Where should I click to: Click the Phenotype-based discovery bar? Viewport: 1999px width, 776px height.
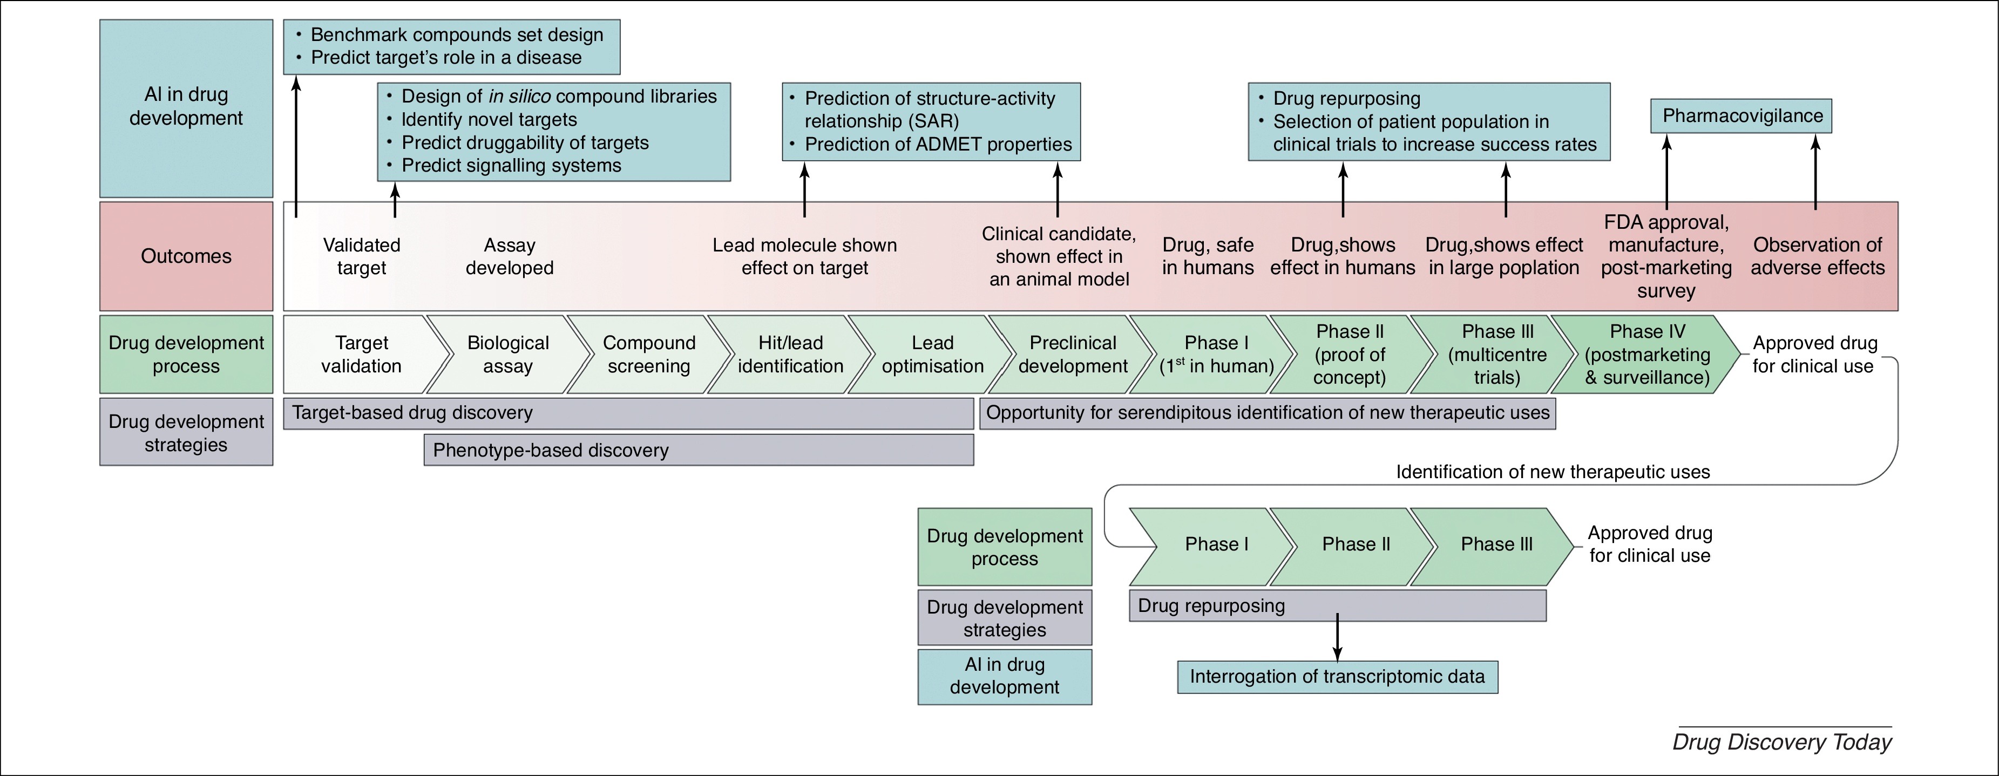[699, 450]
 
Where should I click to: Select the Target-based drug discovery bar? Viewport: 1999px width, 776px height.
[628, 413]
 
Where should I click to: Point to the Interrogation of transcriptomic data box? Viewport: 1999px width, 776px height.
[1338, 677]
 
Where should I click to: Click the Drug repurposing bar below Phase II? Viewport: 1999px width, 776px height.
[1338, 606]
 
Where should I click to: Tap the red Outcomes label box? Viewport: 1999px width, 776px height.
[186, 256]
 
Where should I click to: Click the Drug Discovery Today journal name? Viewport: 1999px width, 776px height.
[1781, 743]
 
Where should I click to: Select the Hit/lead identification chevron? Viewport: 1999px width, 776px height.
[790, 354]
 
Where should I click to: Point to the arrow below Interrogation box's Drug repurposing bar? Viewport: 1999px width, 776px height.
[1337, 637]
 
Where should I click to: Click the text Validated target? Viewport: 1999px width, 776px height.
[362, 257]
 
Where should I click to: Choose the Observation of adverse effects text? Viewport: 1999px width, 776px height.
[1818, 257]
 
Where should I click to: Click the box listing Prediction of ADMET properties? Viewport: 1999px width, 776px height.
[931, 122]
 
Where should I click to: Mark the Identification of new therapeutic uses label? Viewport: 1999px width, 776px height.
[1553, 472]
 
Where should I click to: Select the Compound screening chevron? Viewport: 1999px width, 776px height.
[649, 354]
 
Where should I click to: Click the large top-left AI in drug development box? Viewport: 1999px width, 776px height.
[186, 108]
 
